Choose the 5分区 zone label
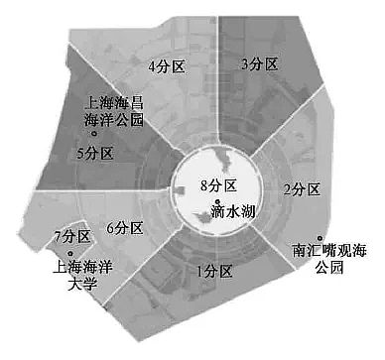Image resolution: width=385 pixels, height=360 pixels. click(96, 153)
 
